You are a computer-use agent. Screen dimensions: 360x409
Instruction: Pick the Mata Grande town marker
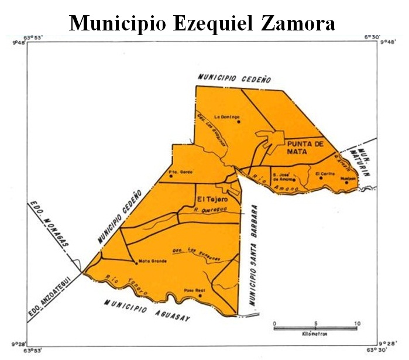coord(136,262)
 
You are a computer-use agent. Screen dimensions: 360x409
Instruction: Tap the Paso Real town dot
coord(200,296)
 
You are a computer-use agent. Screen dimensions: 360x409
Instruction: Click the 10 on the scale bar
coord(357,324)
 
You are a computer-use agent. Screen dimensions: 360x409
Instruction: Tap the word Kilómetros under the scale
coord(315,334)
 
